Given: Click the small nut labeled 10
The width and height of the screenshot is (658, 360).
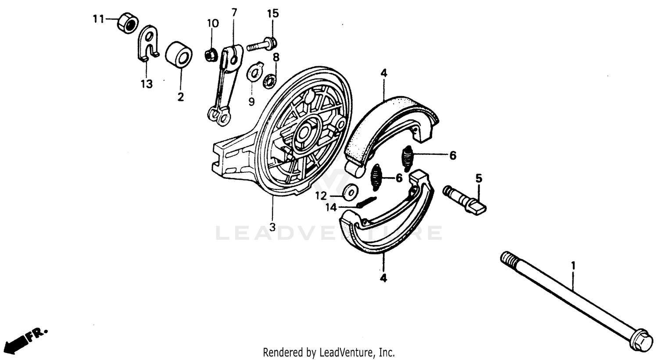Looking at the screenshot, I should [211, 55].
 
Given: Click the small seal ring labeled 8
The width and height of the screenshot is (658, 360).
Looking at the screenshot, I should [269, 80].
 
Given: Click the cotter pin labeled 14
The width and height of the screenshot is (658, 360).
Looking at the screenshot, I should [367, 203].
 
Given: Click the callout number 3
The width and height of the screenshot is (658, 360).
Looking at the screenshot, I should [272, 228].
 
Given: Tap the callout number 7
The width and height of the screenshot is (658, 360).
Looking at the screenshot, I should [234, 12].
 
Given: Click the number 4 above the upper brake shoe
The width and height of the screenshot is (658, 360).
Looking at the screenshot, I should [383, 74].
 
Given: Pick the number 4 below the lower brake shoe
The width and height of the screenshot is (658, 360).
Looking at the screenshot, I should [383, 278].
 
